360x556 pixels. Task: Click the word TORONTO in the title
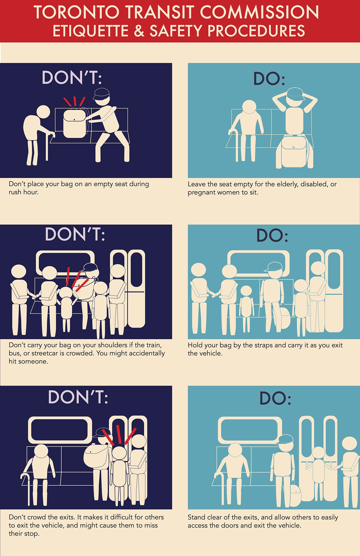point(76,12)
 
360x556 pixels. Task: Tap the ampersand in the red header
point(139,31)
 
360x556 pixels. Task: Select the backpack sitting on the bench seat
point(75,123)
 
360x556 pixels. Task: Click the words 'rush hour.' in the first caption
point(23,192)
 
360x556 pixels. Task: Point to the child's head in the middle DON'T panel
point(65,293)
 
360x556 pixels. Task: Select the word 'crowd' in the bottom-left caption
point(37,517)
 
